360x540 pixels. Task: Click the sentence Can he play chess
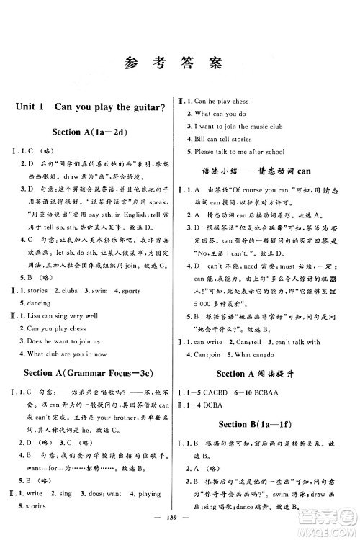(x=224, y=101)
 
